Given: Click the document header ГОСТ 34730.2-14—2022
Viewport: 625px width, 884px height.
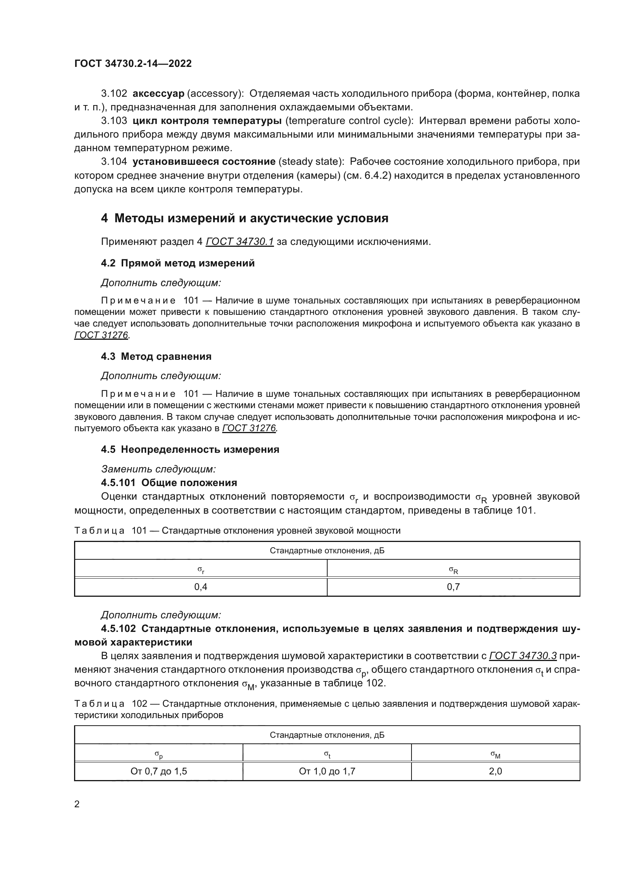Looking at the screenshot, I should pyautogui.click(x=133, y=63).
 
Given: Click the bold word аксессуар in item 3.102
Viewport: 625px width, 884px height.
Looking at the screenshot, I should pyautogui.click(x=158, y=94).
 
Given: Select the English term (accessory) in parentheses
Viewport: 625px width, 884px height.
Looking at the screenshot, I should pyautogui.click(x=213, y=94).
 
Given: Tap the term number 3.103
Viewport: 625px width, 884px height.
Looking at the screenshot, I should pyautogui.click(x=114, y=121).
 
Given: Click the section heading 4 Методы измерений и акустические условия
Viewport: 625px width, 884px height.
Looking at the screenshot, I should pyautogui.click(x=244, y=218).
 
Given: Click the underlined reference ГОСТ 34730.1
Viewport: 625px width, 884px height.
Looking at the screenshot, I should pyautogui.click(x=240, y=242).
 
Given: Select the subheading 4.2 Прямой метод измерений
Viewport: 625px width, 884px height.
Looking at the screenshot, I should pyautogui.click(x=178, y=263).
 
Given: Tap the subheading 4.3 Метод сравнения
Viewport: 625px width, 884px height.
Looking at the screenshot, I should pyautogui.click(x=156, y=356).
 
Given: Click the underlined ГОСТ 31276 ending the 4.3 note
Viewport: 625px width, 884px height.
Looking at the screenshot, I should pyautogui.click(x=249, y=428).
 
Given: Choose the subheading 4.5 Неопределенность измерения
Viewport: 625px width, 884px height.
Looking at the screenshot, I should pyautogui.click(x=190, y=450).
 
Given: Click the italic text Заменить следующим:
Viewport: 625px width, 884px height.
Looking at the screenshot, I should pyautogui.click(x=158, y=469).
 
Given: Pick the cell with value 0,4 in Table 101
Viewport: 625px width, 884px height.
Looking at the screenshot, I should pyautogui.click(x=201, y=587).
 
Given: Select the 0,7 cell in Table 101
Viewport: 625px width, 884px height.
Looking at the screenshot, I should pyautogui.click(x=453, y=587).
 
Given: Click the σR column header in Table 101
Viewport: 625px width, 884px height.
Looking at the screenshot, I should pyautogui.click(x=453, y=570).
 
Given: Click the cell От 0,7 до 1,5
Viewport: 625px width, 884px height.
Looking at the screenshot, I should pyautogui.click(x=159, y=771).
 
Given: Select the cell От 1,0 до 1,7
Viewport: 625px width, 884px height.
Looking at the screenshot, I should pyautogui.click(x=327, y=771).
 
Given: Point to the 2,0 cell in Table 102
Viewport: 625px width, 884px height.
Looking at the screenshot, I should pyautogui.click(x=495, y=771).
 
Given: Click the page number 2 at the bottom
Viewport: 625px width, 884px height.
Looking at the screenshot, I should pyautogui.click(x=77, y=804).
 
